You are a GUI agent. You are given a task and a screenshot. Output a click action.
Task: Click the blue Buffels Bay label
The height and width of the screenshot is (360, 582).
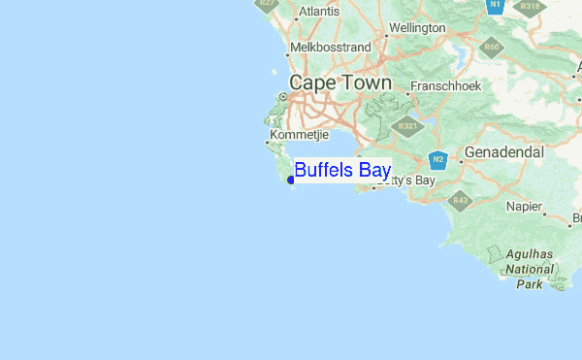coord(342,171)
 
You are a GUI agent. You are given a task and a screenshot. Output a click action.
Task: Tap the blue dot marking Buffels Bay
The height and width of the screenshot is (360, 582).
coord(291,180)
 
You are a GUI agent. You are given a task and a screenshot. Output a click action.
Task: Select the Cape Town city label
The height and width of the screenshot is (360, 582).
coord(340,83)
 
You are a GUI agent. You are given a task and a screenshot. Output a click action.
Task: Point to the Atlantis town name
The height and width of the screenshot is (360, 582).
coord(320,12)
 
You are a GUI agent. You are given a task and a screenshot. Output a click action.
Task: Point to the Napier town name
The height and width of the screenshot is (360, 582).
coord(525,206)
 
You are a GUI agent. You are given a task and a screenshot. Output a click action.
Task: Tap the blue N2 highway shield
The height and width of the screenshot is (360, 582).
coord(438,159)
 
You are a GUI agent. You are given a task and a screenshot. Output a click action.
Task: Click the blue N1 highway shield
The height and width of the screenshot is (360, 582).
coord(495,5)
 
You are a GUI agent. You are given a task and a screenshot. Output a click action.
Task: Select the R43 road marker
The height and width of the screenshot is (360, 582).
coord(460,201)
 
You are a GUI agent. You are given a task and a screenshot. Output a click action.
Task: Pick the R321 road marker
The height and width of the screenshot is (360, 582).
coord(407,126)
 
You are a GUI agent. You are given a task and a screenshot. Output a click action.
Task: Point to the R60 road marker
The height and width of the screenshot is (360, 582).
coord(492,47)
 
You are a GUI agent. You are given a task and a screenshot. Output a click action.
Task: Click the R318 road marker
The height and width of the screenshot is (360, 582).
coord(529,5)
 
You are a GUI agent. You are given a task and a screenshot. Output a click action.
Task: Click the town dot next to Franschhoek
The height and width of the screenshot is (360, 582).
coord(404,86)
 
